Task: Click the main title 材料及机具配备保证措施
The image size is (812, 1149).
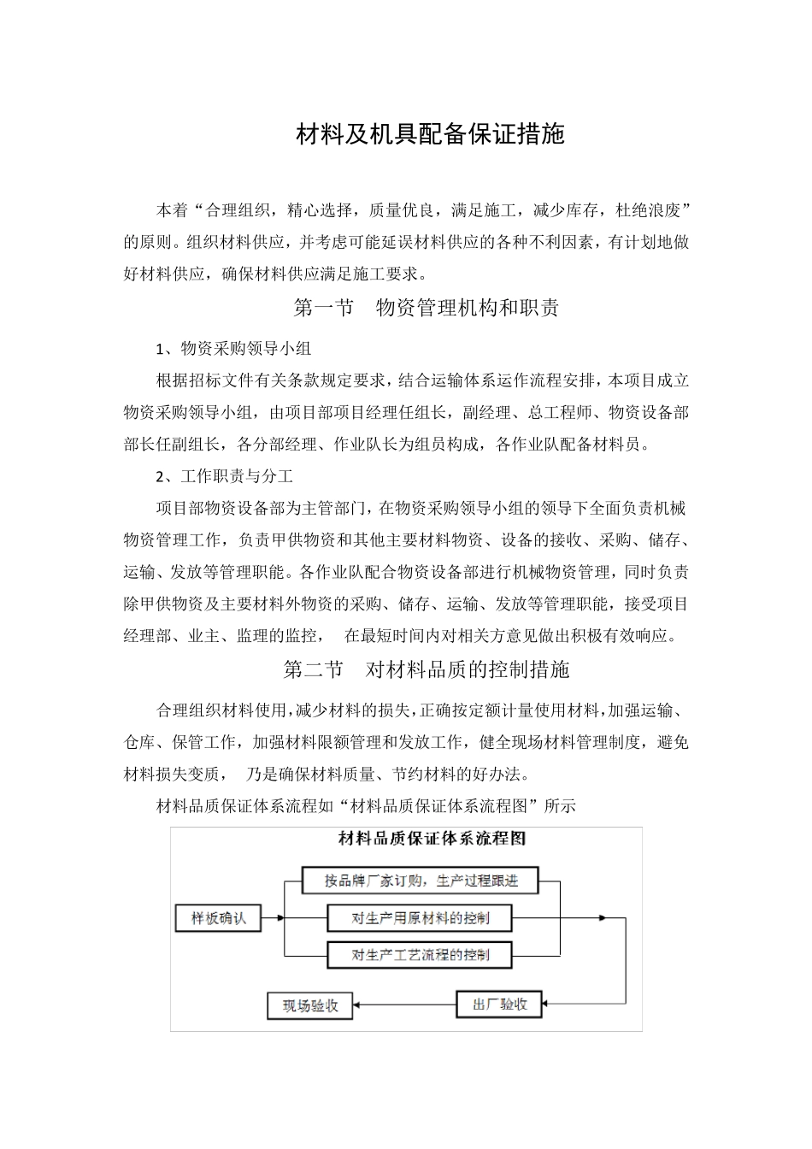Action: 430,134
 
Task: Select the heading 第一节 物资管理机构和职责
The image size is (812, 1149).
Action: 426,308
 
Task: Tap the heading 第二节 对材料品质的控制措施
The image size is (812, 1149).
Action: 426,669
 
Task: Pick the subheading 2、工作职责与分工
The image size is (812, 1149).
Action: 225,476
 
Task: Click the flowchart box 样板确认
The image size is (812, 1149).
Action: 218,918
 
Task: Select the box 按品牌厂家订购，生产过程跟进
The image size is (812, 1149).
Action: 421,881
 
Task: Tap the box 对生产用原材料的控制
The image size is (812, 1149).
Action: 420,918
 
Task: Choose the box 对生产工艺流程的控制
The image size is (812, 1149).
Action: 420,955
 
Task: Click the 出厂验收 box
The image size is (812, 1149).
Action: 500,1004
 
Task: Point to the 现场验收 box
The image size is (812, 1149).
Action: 310,1005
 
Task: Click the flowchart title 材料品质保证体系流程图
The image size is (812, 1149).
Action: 432,839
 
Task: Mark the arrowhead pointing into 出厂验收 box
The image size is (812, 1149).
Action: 546,1004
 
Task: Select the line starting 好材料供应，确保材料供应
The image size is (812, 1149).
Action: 282,274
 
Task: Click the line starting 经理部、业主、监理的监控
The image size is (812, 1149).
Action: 402,635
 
